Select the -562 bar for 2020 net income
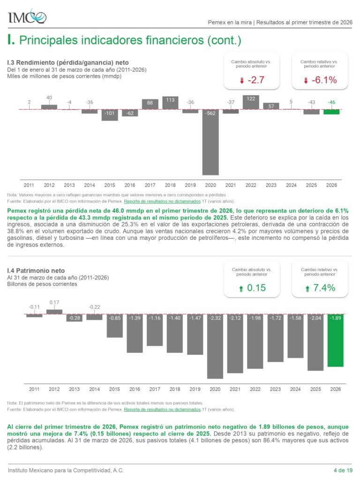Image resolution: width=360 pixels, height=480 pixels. (x=210, y=142)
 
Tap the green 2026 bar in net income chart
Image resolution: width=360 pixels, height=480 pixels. (x=331, y=112)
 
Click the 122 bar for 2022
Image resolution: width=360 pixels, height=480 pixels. (x=251, y=102)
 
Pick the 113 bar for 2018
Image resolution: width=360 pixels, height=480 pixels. (x=170, y=103)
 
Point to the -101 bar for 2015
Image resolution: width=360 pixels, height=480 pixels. (x=110, y=115)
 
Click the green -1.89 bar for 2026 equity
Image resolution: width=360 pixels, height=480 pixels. (x=336, y=340)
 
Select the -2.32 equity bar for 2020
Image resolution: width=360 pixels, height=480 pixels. (x=215, y=346)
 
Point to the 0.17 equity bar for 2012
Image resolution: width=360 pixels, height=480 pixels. (x=54, y=312)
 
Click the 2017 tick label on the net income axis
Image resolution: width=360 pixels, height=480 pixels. (x=150, y=185)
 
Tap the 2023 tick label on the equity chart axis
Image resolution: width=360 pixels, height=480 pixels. (x=275, y=389)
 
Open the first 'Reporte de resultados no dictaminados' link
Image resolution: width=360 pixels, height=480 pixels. (x=162, y=202)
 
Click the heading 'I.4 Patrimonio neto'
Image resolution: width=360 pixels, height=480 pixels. (x=36, y=270)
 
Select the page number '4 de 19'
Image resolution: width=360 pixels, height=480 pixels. (x=343, y=470)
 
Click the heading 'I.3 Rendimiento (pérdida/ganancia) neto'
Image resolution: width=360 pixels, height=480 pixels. (x=67, y=63)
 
